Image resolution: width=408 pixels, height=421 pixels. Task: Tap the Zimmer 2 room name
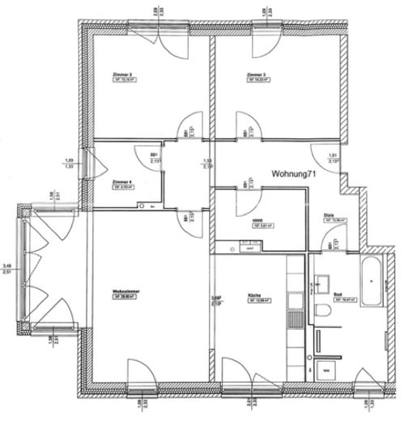pos(122,74)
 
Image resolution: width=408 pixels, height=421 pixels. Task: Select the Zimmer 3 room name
pos(257,74)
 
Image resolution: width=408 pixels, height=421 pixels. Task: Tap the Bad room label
pos(337,292)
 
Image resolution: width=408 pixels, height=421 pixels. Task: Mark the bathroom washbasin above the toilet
pos(322,283)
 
